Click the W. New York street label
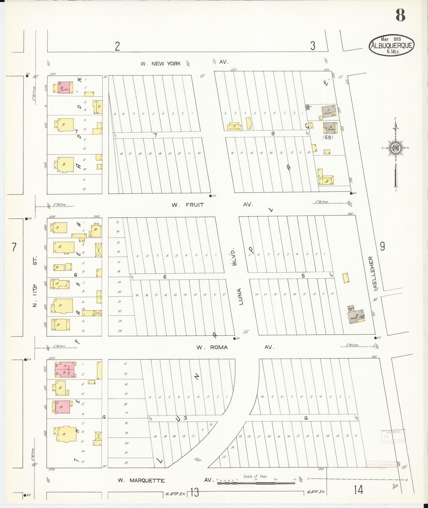[161, 63]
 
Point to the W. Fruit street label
[188, 205]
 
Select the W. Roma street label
[212, 347]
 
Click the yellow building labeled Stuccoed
[235, 127]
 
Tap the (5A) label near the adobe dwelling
[327, 137]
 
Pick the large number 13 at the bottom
[194, 492]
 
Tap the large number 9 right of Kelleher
[382, 247]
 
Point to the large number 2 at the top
[117, 46]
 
